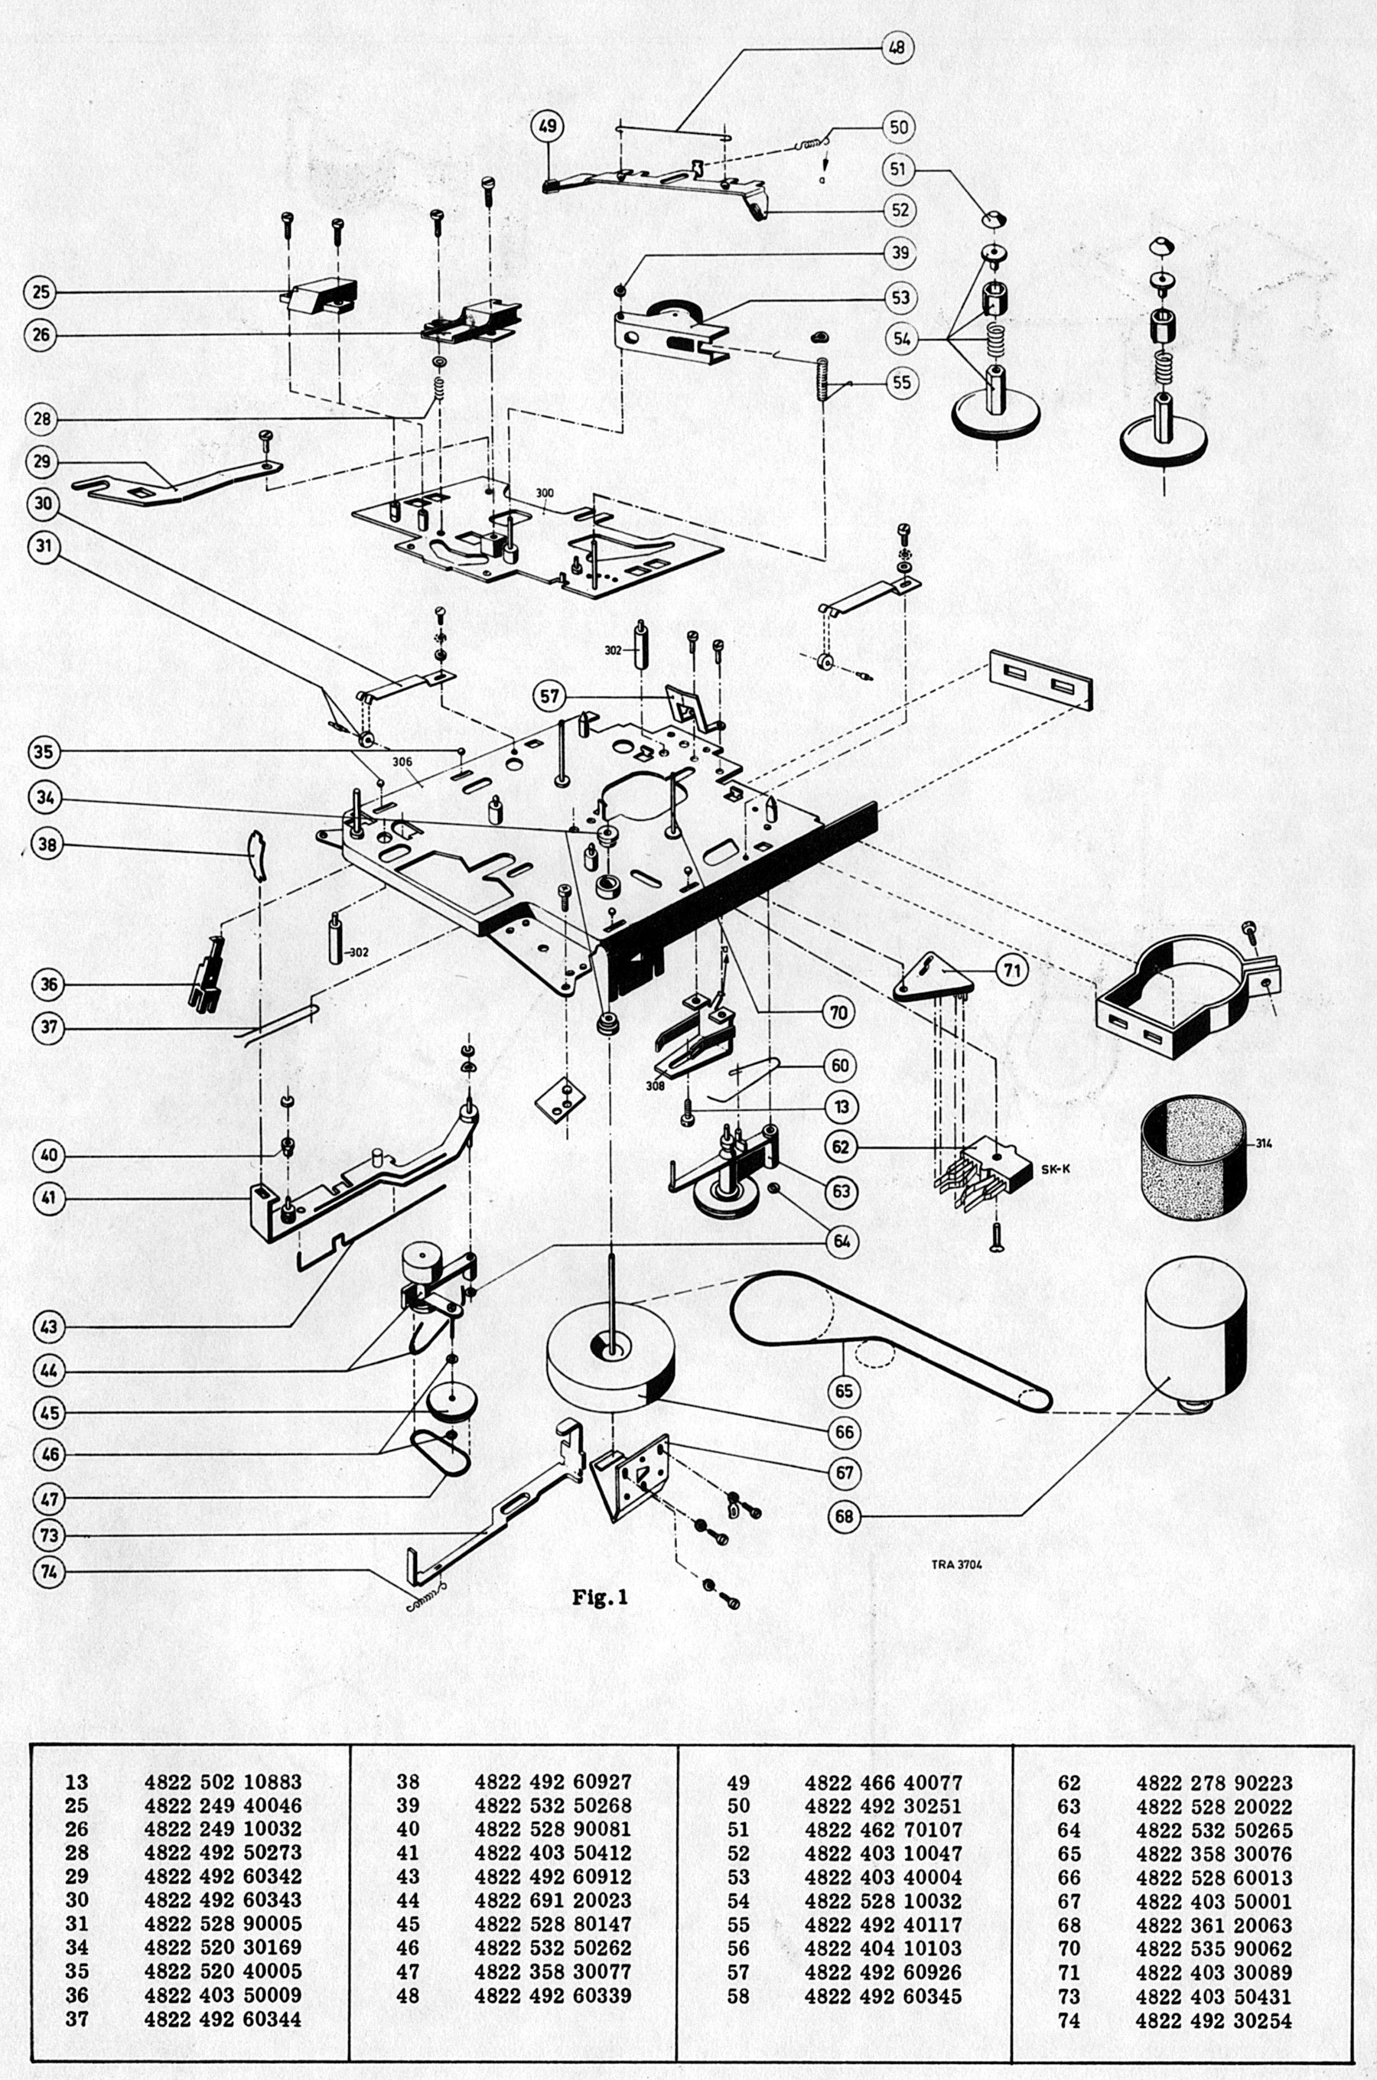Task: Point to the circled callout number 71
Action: click(x=1014, y=969)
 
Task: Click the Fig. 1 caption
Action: click(x=600, y=1597)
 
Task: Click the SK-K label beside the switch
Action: click(x=1054, y=1169)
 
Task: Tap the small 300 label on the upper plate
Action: click(x=545, y=493)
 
